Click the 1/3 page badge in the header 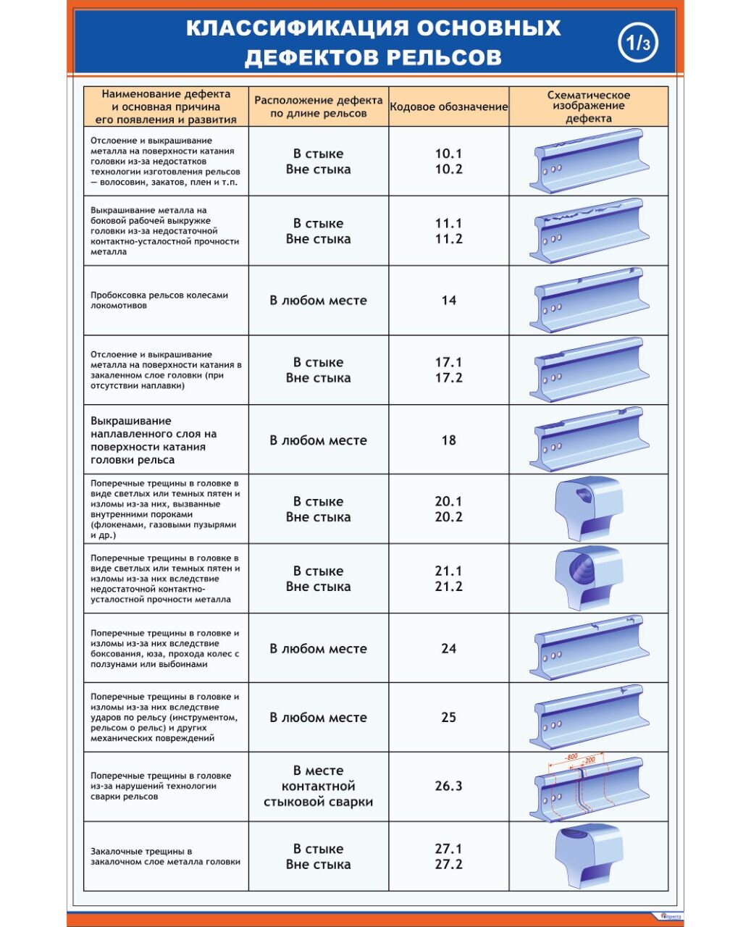(x=638, y=43)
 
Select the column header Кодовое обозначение (x=449, y=107)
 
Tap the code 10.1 (x=448, y=154)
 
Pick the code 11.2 (x=448, y=239)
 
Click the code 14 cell (x=448, y=300)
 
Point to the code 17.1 (x=448, y=362)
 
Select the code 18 (x=448, y=440)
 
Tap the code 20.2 (x=448, y=517)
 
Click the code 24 (x=448, y=649)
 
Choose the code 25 (x=448, y=718)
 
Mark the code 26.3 (x=448, y=787)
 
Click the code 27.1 (x=448, y=849)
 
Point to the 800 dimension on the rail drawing (x=572, y=757)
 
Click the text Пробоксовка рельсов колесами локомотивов (x=159, y=300)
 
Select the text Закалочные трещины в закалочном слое (x=165, y=857)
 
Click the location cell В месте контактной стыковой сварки (x=318, y=787)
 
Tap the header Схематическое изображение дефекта (x=588, y=106)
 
